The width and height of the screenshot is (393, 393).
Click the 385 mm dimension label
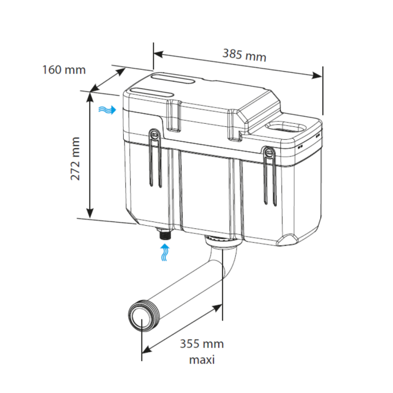244,54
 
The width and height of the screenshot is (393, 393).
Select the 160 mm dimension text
64,69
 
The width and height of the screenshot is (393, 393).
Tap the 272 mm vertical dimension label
76,158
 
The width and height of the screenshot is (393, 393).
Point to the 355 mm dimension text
201,344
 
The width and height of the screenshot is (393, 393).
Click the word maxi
202,360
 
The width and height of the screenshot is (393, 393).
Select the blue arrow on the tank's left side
107,110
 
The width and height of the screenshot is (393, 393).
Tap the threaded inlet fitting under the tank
164,236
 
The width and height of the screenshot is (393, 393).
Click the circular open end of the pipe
139,318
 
